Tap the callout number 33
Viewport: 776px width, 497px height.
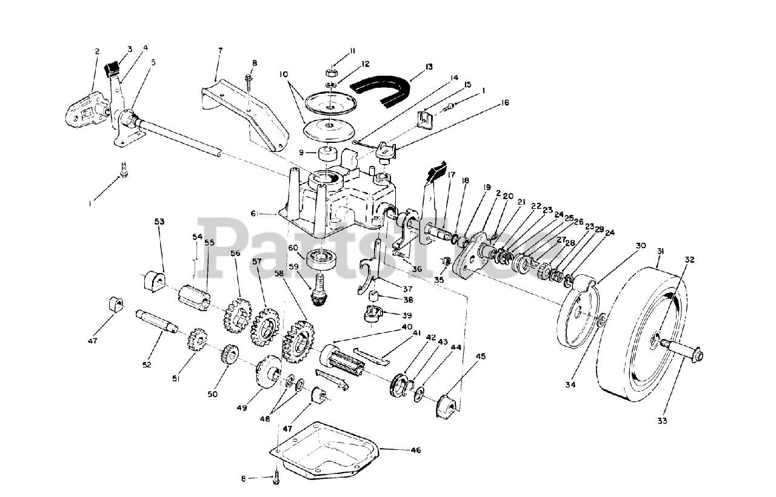coord(662,421)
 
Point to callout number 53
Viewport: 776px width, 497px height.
coord(159,222)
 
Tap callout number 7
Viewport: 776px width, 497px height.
coord(219,49)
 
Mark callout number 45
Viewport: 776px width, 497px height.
coord(480,357)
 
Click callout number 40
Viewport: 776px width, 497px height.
coord(400,327)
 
